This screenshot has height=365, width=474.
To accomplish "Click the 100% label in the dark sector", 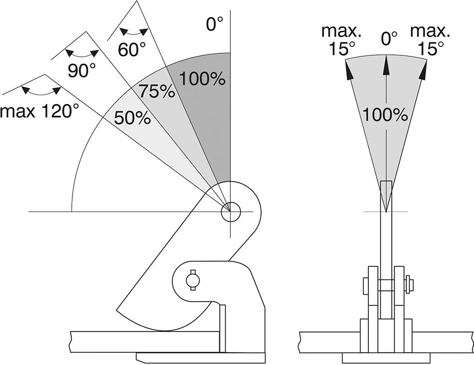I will [x=202, y=78].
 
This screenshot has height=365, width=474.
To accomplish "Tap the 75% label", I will [x=157, y=91].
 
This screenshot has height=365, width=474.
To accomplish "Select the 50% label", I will [x=132, y=118].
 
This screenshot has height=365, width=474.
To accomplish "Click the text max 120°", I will [x=40, y=111].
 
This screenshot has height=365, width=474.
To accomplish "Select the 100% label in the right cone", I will [x=385, y=115].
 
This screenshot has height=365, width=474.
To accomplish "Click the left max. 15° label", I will [x=341, y=40].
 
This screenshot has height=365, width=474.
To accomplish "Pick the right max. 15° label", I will [x=430, y=40].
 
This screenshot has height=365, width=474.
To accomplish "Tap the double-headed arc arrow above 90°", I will [x=81, y=52].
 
